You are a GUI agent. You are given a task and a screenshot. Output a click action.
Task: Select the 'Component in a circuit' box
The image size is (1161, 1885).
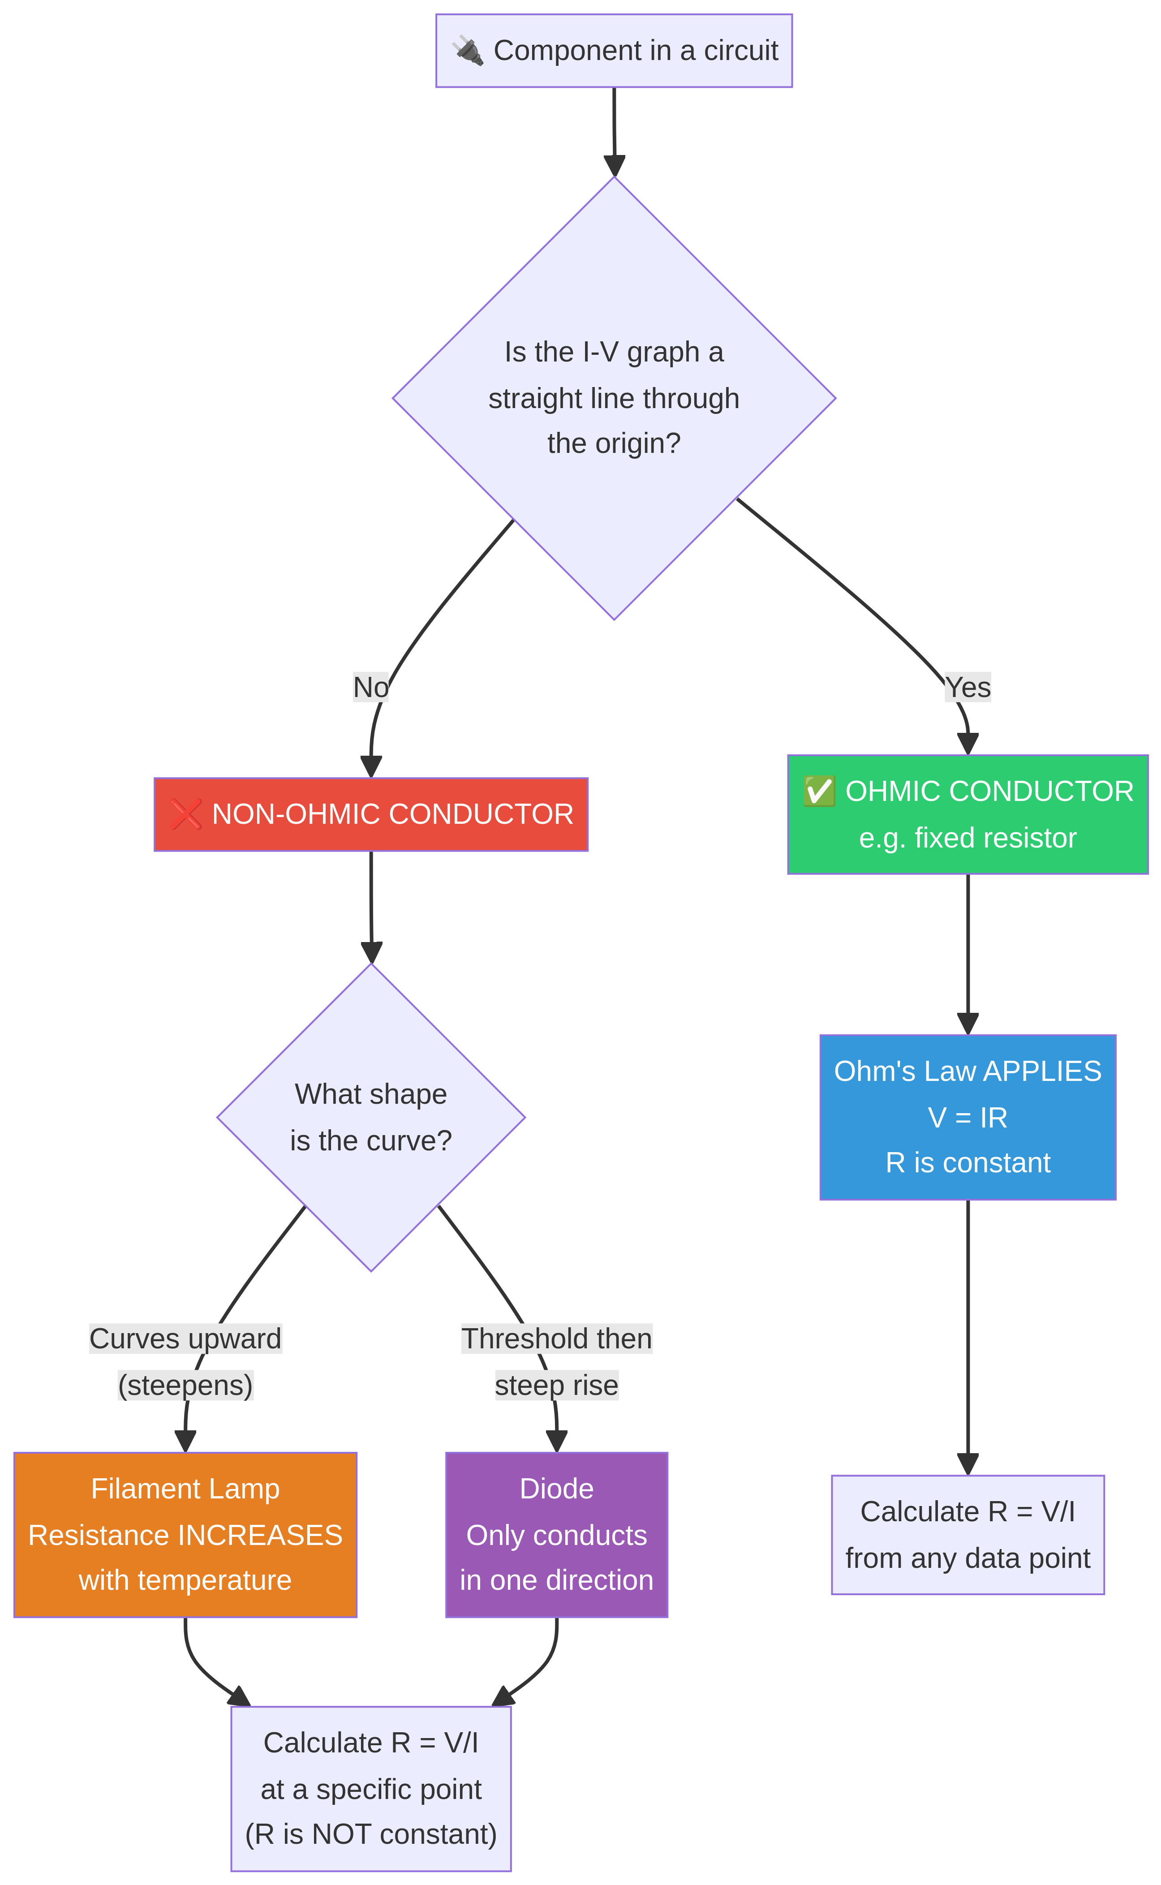(x=614, y=51)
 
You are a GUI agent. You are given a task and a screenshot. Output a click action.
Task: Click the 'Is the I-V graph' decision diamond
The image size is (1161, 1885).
(x=614, y=398)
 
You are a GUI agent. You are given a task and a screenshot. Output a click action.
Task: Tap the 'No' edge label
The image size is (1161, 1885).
(x=371, y=687)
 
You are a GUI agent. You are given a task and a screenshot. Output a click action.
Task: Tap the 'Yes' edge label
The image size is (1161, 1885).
(x=967, y=687)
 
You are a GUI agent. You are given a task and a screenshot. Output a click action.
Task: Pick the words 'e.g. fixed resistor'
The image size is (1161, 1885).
(x=967, y=838)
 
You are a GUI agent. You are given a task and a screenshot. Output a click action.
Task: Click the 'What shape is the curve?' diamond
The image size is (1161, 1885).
(x=371, y=1117)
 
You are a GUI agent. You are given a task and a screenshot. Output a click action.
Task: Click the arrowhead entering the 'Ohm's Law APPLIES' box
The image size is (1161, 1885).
(x=967, y=1024)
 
